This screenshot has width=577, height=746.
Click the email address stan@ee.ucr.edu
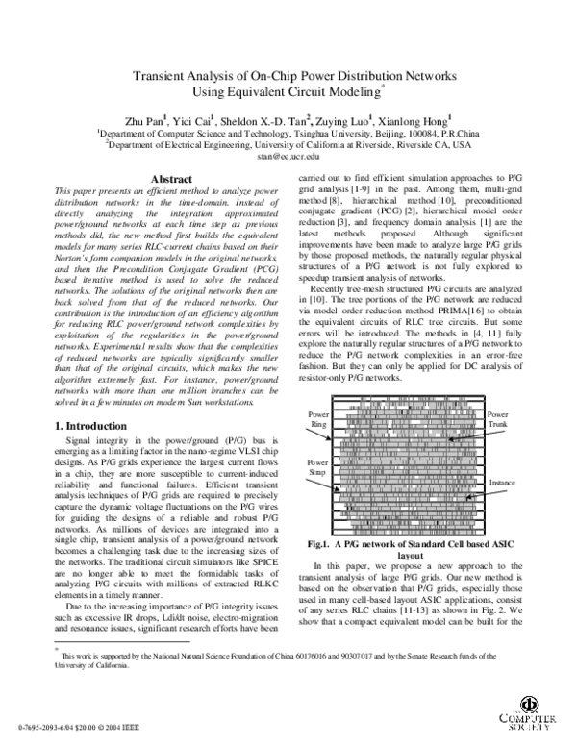(288, 156)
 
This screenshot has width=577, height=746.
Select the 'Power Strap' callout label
(318, 467)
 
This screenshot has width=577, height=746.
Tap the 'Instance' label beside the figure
(502, 482)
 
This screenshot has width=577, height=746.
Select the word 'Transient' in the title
(156, 82)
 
